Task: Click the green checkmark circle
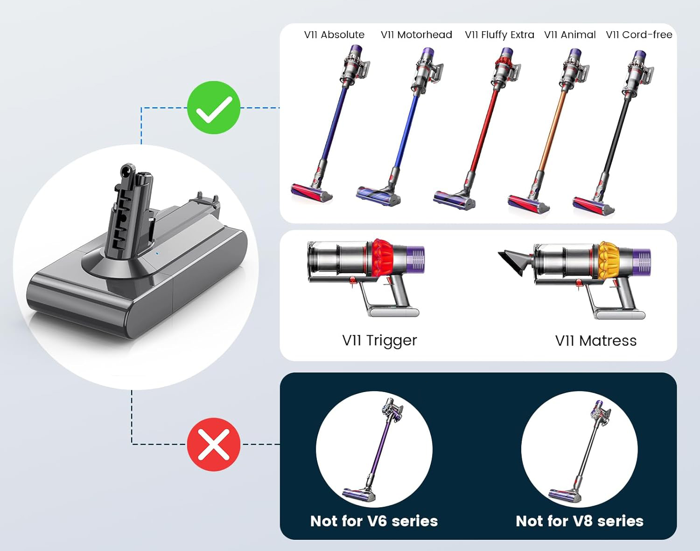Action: tap(214, 108)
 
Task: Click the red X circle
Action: tap(214, 444)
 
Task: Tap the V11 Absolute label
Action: tap(334, 35)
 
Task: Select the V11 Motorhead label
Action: tap(416, 35)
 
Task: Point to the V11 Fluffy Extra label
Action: tap(499, 35)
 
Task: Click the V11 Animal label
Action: tap(570, 35)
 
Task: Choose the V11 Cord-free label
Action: tap(639, 35)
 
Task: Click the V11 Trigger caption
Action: tap(379, 340)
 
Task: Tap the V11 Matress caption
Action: tap(595, 341)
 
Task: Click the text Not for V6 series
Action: tap(374, 521)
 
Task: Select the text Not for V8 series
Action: tap(580, 521)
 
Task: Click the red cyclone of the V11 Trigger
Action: tap(383, 258)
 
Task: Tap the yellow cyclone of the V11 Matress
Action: tap(609, 260)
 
